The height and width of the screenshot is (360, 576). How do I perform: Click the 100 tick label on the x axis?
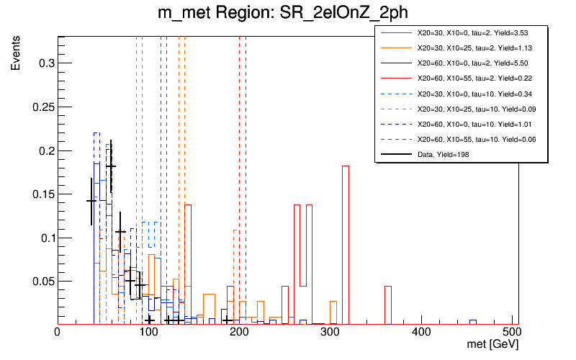[148, 333]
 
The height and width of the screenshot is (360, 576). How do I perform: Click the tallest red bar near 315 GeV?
[346, 245]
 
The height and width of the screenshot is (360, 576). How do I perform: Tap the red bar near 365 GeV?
[388, 305]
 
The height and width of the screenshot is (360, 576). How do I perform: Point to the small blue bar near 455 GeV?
[473, 322]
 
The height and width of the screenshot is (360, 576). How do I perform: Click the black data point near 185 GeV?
[226, 320]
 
